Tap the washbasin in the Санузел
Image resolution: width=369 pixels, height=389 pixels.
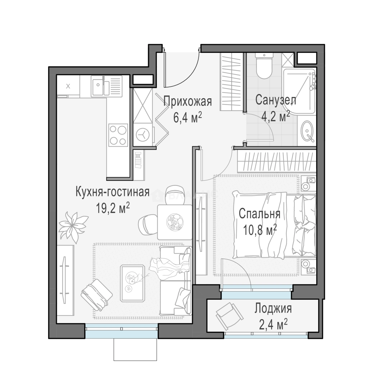[307, 131]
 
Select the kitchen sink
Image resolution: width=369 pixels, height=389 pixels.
[106, 86]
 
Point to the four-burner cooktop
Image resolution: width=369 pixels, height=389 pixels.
[118, 135]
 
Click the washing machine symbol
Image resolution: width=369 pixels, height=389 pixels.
[143, 134]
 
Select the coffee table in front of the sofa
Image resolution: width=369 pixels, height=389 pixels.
[132, 283]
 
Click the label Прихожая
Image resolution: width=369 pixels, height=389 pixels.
[187, 102]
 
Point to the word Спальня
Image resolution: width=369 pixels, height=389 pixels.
[259, 214]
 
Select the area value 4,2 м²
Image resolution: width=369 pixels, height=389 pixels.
[276, 116]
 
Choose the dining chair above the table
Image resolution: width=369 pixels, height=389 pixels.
[174, 195]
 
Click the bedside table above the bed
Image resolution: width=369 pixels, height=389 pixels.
[309, 183]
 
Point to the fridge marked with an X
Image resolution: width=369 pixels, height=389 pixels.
[68, 86]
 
